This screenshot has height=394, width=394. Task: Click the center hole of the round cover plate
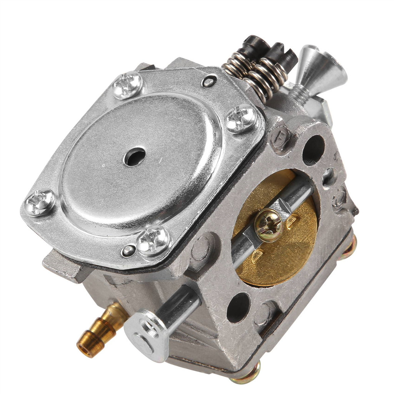pyautogui.click(x=134, y=157)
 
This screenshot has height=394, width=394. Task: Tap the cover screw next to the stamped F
pyautogui.click(x=241, y=118)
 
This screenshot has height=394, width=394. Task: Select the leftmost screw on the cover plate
pyautogui.click(x=40, y=202)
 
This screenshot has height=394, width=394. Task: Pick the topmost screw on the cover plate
pyautogui.click(x=127, y=84)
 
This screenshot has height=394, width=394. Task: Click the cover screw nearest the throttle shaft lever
pyautogui.click(x=153, y=241)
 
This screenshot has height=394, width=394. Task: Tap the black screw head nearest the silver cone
pyautogui.click(x=284, y=55)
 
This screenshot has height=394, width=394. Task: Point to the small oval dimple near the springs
pyautogui.click(x=209, y=82)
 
